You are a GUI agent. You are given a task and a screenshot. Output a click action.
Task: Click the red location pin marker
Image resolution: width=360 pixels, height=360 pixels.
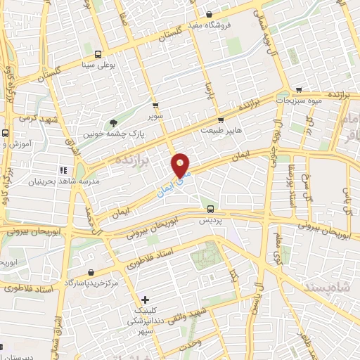coord(181,165)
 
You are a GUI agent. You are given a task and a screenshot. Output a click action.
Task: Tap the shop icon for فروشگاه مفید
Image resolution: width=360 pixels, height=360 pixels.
coord(209,15)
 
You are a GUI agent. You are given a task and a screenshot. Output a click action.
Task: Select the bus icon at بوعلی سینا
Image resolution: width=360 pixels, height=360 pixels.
coord(98,53)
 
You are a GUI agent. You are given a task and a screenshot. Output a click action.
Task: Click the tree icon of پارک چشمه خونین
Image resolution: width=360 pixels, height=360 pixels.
coord(114,121)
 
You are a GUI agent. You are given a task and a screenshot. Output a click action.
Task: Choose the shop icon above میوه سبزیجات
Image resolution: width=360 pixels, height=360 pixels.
coord(300,90)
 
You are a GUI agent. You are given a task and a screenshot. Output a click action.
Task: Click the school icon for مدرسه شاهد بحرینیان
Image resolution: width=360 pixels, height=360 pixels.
coord(63,169)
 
